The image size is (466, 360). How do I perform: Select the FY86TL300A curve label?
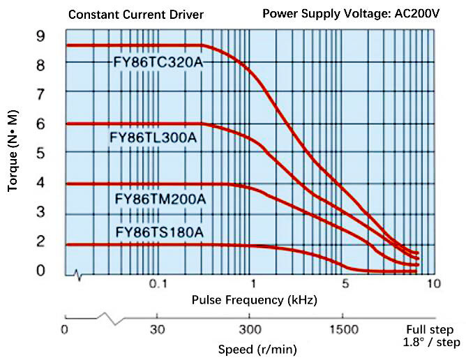153,138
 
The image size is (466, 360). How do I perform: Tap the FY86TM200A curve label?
160,200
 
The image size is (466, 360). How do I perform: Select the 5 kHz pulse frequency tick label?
344,284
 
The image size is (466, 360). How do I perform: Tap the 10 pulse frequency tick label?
433,284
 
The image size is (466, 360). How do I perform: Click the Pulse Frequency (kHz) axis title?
254,301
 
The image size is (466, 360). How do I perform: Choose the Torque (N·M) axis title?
14,153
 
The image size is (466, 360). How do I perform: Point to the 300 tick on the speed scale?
250,329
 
